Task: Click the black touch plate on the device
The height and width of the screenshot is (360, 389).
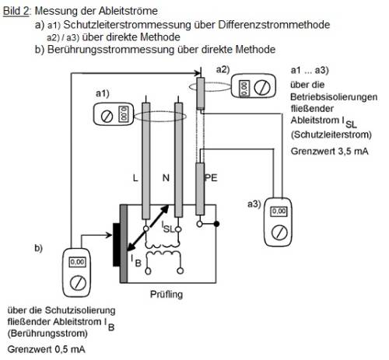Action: (121, 241)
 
